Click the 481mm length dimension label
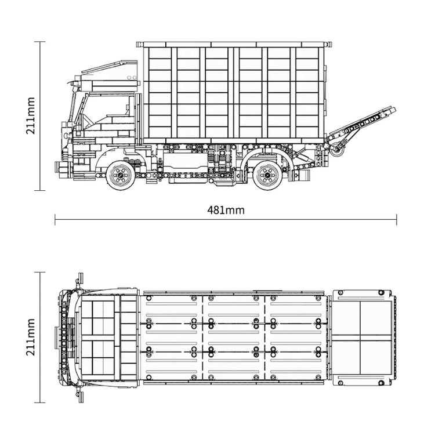(x=226, y=211)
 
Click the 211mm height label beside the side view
(x=31, y=115)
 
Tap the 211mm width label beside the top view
(x=31, y=337)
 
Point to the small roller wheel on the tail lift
(x=338, y=149)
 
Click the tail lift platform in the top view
(x=362, y=338)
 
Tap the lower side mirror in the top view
(x=80, y=395)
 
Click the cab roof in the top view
(x=108, y=338)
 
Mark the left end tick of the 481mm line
(x=55, y=219)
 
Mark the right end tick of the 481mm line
(x=397, y=219)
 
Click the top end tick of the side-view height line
(x=40, y=42)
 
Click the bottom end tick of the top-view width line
(x=40, y=403)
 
